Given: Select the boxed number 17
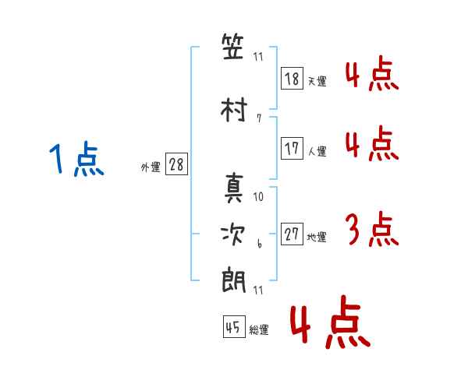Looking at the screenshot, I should click(292, 149).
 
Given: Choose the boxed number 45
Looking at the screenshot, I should click(233, 328).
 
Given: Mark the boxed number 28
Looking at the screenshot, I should click(176, 164).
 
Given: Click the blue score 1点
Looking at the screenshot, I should click(76, 161).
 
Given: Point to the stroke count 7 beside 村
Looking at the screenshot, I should click(258, 118).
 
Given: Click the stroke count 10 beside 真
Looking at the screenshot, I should click(259, 197).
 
